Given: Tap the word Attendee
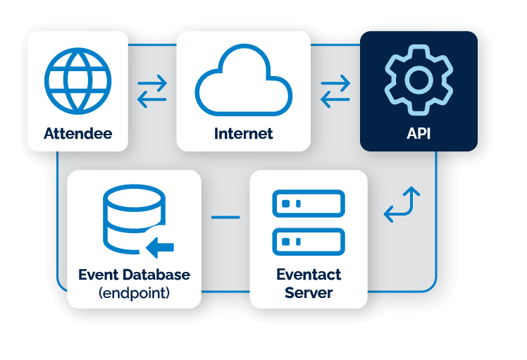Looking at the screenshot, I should coord(77,133).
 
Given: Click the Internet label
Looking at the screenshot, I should coord(243,133).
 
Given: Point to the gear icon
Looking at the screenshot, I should coord(418,80).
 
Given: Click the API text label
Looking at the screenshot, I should coord(418,133).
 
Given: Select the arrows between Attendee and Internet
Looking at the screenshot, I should coord(152,92).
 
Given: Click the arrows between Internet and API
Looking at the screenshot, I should coord(335,92).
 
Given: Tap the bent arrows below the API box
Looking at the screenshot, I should coord(402,205).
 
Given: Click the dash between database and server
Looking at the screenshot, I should coord(225,216).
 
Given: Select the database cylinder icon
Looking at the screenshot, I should coord(133,220).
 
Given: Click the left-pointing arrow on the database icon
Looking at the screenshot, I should coord(160,247).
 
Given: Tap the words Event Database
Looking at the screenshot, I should coord(134,275).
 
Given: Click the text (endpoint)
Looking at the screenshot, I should coord(134,292).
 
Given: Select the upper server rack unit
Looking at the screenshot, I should coord(308,204).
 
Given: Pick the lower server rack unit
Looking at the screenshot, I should coord(308,242).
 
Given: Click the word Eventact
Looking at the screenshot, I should coord(309,275).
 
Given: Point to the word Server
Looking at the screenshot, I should coord(309,292).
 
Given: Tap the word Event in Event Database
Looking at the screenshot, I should coord(97,275).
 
